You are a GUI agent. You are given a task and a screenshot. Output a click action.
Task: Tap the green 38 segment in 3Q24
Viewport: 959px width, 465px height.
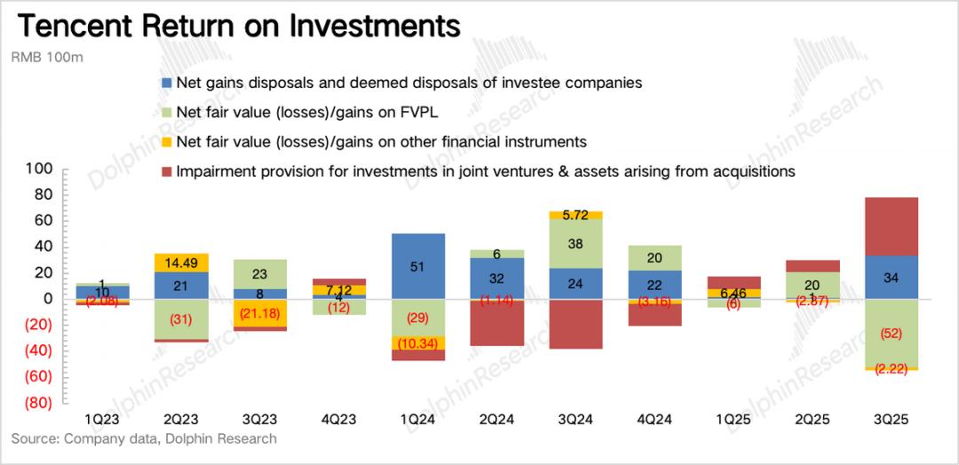[x=575, y=244]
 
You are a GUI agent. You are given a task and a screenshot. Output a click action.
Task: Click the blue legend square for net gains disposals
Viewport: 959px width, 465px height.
[x=165, y=83]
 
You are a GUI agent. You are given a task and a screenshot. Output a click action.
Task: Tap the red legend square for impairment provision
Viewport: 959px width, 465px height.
[x=165, y=171]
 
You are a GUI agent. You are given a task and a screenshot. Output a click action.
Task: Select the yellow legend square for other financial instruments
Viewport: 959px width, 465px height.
[x=165, y=142]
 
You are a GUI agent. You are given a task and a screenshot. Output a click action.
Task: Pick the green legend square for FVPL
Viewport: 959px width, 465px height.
[x=165, y=113]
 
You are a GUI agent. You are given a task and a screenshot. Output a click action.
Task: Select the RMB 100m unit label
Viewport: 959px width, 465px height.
[x=45, y=58]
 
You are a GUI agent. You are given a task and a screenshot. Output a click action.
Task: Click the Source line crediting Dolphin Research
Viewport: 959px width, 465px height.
[x=144, y=439]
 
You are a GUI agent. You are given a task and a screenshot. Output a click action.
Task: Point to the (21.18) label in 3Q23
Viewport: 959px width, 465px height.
[x=261, y=314]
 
